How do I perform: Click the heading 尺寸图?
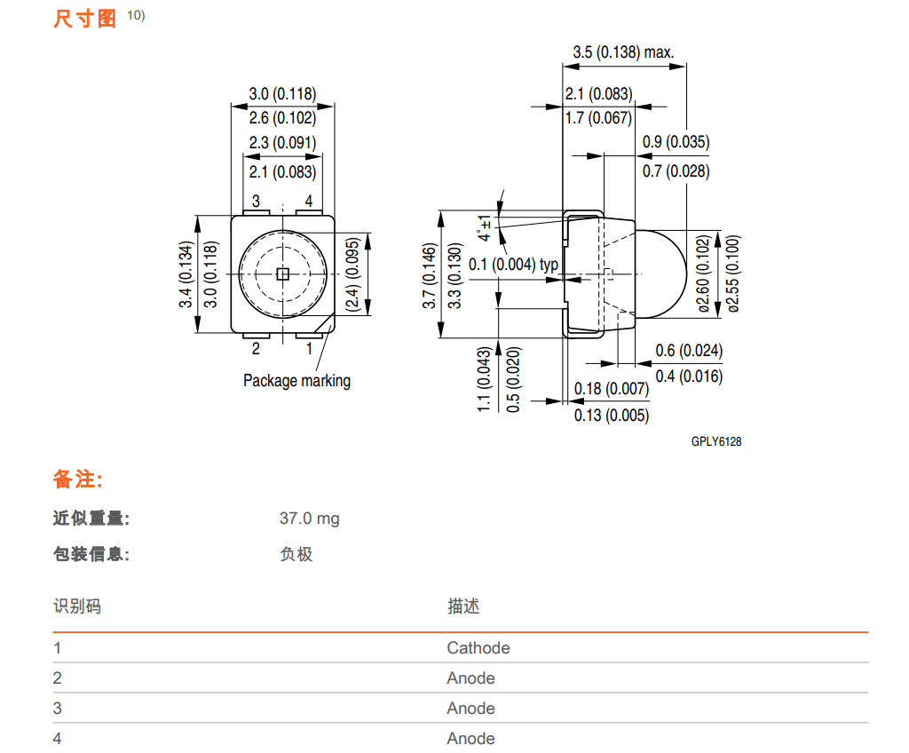click(x=85, y=19)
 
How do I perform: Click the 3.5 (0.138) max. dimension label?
click(x=623, y=52)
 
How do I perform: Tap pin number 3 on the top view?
click(x=256, y=202)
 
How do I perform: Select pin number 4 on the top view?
click(x=309, y=202)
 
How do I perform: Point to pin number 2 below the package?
click(x=256, y=349)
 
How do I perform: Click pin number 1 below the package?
click(x=310, y=349)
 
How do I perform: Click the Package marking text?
click(x=296, y=381)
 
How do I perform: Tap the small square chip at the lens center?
click(x=282, y=274)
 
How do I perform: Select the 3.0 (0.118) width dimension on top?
click(x=282, y=94)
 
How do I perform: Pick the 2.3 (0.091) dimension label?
click(x=282, y=143)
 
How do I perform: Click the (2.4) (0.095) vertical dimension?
click(x=352, y=274)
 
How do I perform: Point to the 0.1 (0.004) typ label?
click(x=514, y=265)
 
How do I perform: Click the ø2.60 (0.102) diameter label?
click(x=704, y=274)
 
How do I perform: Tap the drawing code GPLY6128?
click(x=716, y=442)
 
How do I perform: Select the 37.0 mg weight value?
click(x=309, y=519)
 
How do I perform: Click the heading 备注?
click(x=78, y=480)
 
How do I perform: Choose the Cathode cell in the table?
click(x=478, y=648)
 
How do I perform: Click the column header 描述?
click(x=463, y=606)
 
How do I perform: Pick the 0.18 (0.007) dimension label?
click(x=612, y=389)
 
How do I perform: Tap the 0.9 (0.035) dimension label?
click(x=676, y=142)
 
